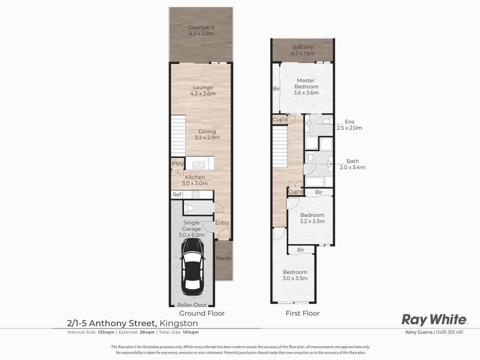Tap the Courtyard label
coord(201,30)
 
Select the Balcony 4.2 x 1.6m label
coord(303,50)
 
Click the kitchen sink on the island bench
coord(198,165)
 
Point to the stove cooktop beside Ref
coord(196,195)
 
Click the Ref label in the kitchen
coord(177,195)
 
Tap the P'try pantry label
coord(177,164)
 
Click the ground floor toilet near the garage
coord(190,208)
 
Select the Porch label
coord(224,258)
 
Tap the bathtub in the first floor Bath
coord(318,182)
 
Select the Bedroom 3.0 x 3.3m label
coord(295,275)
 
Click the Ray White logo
coord(434,320)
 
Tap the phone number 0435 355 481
coord(449,332)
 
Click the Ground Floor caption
coord(202,313)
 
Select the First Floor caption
coord(302,313)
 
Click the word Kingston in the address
coord(178,323)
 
